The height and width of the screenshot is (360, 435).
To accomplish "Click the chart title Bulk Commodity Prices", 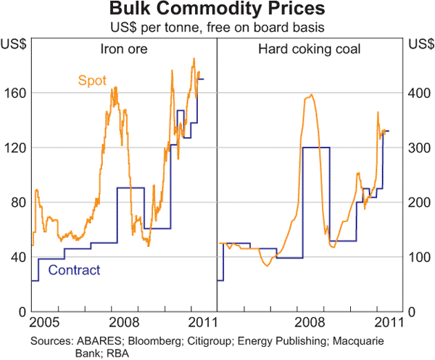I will pyautogui.click(x=217, y=11).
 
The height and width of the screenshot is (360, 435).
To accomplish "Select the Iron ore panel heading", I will pyautogui.click(x=125, y=49).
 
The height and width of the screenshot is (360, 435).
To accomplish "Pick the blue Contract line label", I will pyautogui.click(x=73, y=271).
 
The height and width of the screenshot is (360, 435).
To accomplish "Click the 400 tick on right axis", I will pyautogui.click(x=418, y=93).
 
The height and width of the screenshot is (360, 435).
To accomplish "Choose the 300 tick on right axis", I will pyautogui.click(x=418, y=148).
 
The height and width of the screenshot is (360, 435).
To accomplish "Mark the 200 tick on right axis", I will pyautogui.click(x=418, y=202).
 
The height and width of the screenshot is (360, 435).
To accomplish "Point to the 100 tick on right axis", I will pyautogui.click(x=418, y=257).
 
